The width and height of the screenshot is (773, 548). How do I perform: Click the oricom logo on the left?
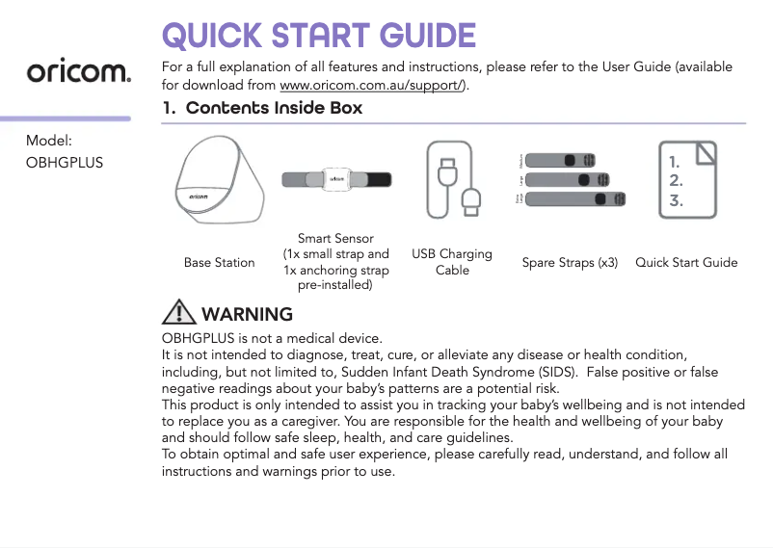[78, 72]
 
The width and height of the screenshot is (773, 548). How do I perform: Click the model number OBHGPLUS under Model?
[65, 161]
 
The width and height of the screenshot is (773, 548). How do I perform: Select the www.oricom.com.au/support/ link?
[372, 85]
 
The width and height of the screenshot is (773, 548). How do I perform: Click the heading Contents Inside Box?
[274, 108]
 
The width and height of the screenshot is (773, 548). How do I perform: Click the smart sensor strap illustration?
[335, 179]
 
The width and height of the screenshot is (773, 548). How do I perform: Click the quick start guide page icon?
[687, 179]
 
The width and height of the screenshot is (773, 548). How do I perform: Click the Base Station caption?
[220, 262]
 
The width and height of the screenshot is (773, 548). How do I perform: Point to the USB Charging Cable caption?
[452, 262]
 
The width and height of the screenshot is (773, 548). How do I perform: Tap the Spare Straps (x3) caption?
[570, 262]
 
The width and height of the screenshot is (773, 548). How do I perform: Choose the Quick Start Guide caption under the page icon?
[686, 262]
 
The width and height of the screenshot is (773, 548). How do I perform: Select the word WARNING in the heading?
[248, 314]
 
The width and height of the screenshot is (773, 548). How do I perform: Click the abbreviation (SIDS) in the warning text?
[554, 372]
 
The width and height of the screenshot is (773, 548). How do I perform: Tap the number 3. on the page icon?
[676, 200]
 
